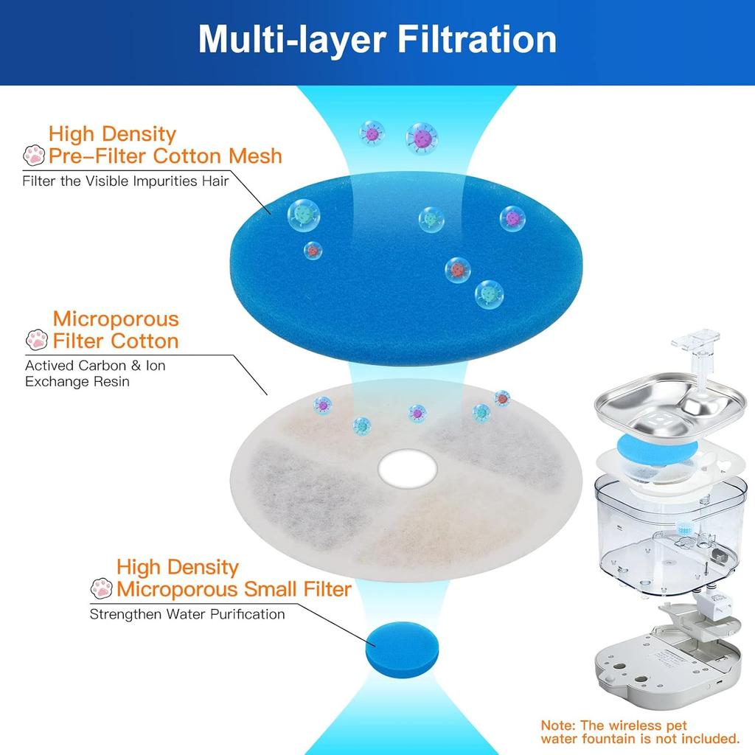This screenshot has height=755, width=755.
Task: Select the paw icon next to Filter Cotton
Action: (x=37, y=341)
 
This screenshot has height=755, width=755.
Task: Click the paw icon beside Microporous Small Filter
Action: (x=101, y=588)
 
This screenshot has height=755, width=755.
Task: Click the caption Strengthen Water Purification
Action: (x=187, y=613)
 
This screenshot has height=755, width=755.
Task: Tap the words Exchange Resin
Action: (x=77, y=381)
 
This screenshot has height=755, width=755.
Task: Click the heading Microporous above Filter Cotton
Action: (x=116, y=319)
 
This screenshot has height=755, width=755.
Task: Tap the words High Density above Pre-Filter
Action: (x=112, y=134)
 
